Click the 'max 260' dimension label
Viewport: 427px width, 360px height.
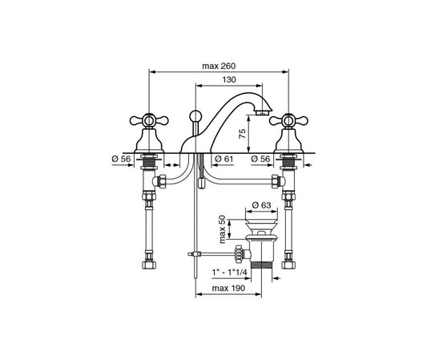(x=219, y=66)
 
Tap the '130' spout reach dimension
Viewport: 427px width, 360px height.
(x=229, y=79)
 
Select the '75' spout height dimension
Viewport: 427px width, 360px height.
(x=242, y=133)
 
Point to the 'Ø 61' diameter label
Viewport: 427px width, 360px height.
(x=224, y=159)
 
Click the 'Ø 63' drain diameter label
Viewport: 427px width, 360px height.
(x=261, y=204)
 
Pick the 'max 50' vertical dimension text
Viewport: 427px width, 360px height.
(x=222, y=229)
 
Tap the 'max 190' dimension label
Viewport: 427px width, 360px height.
(x=228, y=288)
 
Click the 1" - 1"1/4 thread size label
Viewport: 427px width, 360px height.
(x=230, y=273)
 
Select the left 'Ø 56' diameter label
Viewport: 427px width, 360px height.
(x=121, y=159)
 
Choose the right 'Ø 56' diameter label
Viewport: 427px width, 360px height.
(x=260, y=159)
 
